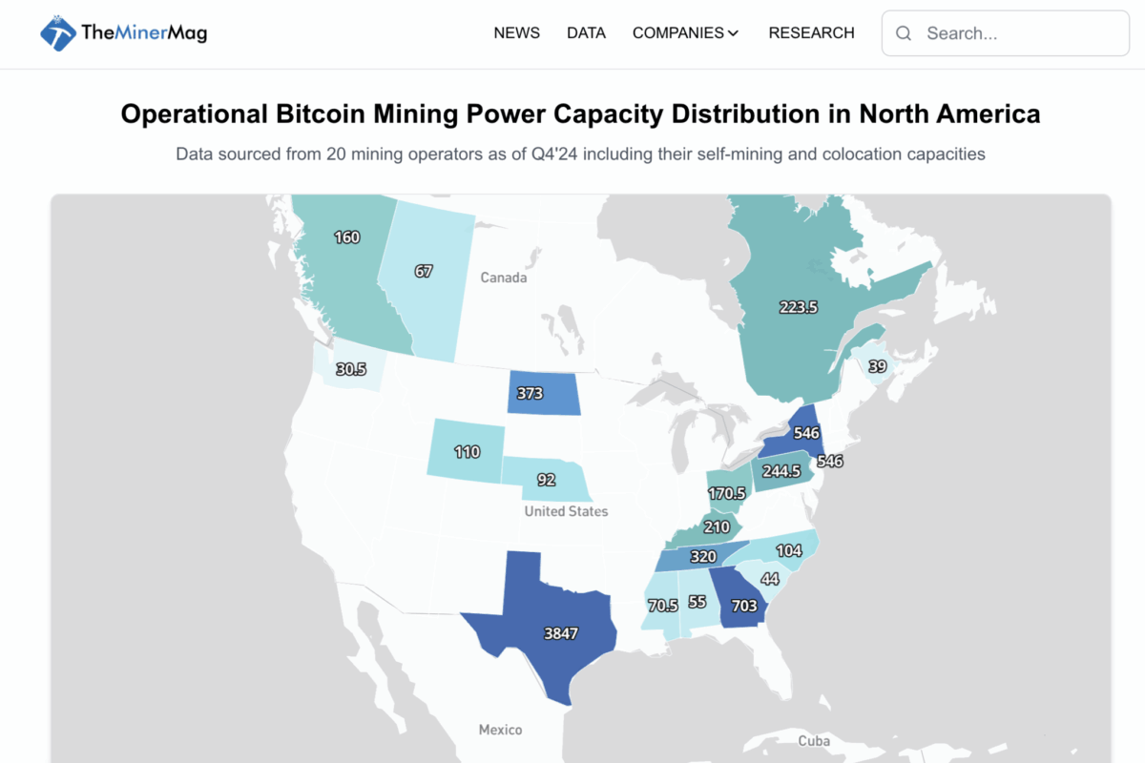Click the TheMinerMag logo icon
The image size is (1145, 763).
point(57,33)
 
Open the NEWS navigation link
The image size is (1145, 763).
point(516,33)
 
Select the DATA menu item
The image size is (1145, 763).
point(586,33)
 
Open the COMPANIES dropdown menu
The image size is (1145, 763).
point(685,33)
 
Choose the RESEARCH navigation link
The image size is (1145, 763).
point(811,33)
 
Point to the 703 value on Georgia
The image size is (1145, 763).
point(743,606)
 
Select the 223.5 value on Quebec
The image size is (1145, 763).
point(799,307)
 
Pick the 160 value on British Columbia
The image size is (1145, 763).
point(347,237)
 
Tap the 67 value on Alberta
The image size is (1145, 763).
point(424,272)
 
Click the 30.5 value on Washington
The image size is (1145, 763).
point(350,369)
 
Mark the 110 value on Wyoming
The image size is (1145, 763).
point(467,452)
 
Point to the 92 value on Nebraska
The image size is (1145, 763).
point(546,481)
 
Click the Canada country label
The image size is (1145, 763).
point(503,278)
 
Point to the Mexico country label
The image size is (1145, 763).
point(500,730)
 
